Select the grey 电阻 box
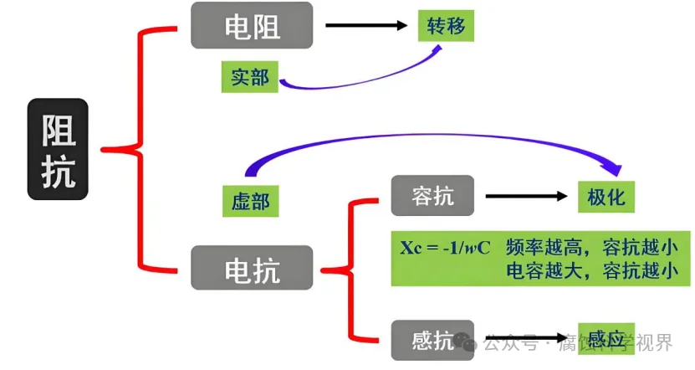[252, 25]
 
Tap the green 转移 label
[446, 25]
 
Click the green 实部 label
[250, 77]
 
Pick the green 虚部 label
[250, 201]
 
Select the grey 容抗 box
[432, 196]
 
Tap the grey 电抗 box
[252, 268]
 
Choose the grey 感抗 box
[432, 340]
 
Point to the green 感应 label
[606, 338]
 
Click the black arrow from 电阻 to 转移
[365, 25]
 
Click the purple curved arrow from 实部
[360, 82]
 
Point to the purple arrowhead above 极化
[617, 167]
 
